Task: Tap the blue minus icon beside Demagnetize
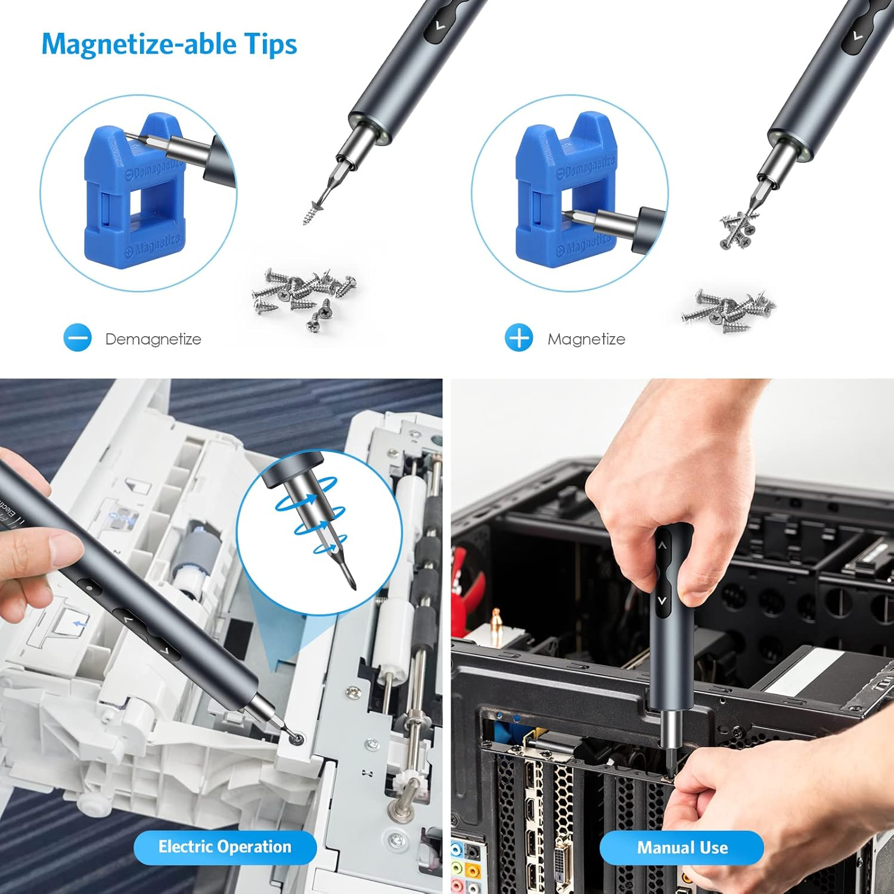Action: pos(77,338)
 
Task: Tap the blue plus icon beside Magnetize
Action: pos(519,338)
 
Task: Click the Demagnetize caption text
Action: pos(153,339)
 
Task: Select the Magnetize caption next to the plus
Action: pos(586,339)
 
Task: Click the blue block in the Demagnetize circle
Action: pos(134,191)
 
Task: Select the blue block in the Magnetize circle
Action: pos(563,191)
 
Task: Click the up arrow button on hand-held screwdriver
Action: pos(662,545)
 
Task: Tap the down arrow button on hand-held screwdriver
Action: pos(662,600)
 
